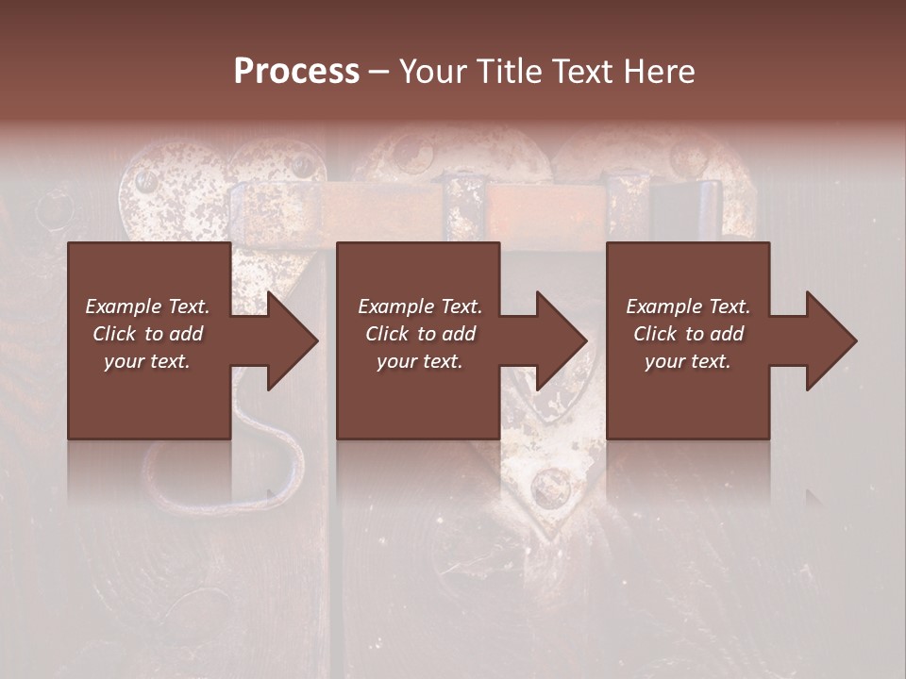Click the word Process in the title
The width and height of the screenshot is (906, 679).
tap(296, 72)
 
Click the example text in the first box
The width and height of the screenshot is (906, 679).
tap(147, 334)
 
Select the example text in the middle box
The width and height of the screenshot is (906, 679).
tap(419, 334)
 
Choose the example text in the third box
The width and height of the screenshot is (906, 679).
tap(688, 334)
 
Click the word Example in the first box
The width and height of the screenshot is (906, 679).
tap(122, 306)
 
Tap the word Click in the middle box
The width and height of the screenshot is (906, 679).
tap(388, 334)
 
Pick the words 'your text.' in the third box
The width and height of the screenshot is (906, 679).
tap(688, 361)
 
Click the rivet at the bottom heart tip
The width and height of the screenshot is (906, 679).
tap(550, 489)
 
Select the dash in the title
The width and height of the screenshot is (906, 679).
tap(378, 72)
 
